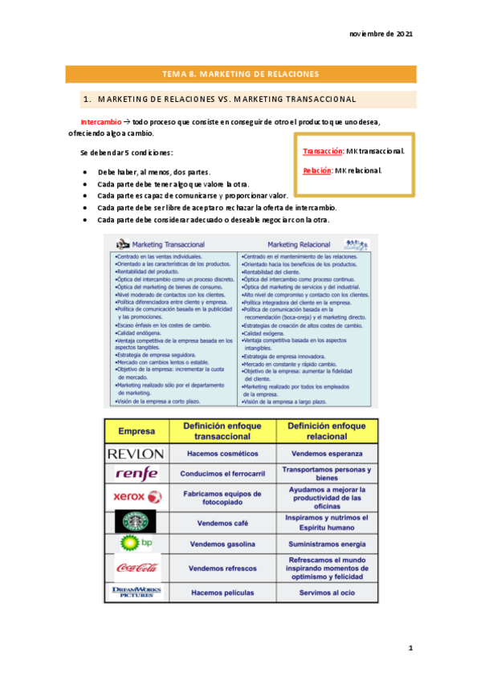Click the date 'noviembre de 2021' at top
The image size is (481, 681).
point(381,35)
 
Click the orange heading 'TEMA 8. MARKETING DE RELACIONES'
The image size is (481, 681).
point(240,75)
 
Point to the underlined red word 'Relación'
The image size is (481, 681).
point(318,170)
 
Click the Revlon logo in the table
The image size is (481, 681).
point(137,454)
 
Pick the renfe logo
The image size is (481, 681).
point(137,474)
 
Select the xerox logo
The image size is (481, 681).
point(137,497)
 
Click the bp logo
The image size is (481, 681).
point(136,544)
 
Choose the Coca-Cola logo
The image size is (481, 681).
point(137,568)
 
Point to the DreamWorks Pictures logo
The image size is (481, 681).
point(137,593)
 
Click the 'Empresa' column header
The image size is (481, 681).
point(137,430)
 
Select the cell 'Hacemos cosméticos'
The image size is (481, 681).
point(222,454)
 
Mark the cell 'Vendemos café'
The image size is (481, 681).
point(222,521)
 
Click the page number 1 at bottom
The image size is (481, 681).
point(410,647)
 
